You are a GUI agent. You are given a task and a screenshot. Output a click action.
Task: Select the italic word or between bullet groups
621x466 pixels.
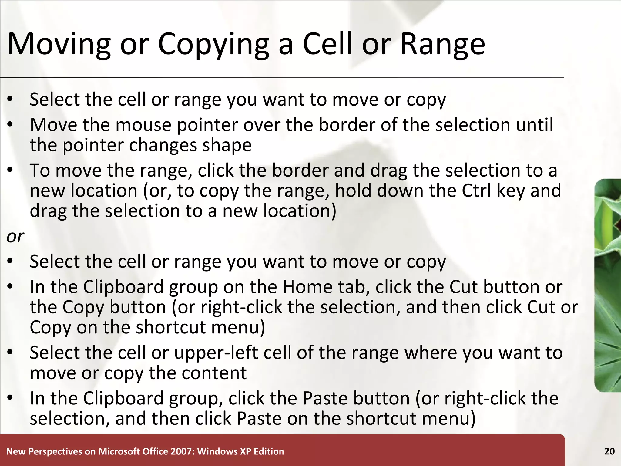(x=15, y=236)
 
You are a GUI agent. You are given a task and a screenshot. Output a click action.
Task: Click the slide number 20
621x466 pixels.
(x=609, y=451)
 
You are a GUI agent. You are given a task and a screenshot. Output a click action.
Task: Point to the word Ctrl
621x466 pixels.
(x=476, y=191)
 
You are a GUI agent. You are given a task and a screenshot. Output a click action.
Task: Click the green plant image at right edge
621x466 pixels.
(x=608, y=285)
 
